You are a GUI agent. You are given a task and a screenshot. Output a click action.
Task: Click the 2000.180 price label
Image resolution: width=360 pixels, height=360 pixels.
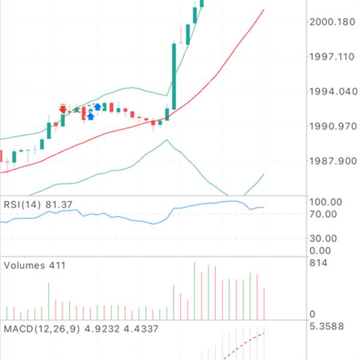point(332,22)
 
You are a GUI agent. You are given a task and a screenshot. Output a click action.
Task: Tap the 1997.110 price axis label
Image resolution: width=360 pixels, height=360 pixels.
point(332,57)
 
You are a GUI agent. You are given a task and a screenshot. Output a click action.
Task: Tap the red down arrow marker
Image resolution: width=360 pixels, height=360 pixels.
point(63,109)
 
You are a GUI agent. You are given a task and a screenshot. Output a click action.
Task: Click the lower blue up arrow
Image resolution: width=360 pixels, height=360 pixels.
point(91,115)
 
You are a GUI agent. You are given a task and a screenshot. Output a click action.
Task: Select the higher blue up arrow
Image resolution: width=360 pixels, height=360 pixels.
point(97,107)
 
